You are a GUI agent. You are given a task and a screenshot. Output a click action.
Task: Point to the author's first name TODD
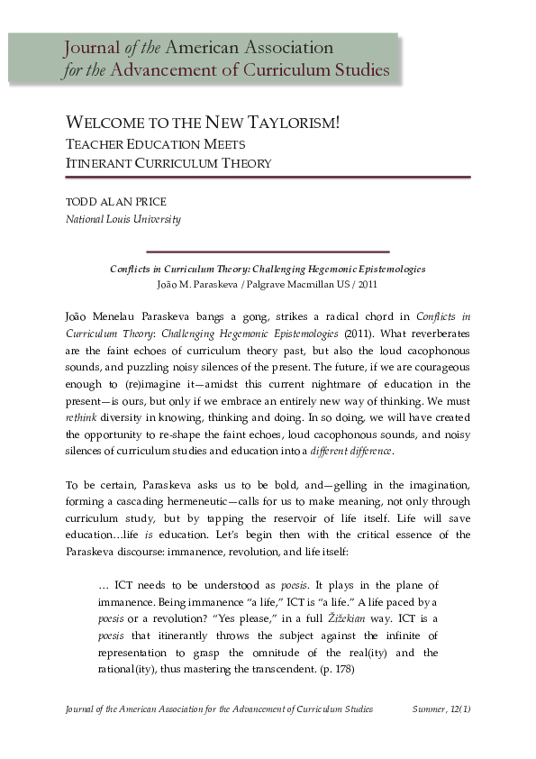point(81,202)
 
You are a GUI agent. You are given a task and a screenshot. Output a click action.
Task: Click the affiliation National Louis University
point(123,219)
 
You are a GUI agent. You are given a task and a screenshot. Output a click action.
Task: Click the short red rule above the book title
point(268,251)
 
